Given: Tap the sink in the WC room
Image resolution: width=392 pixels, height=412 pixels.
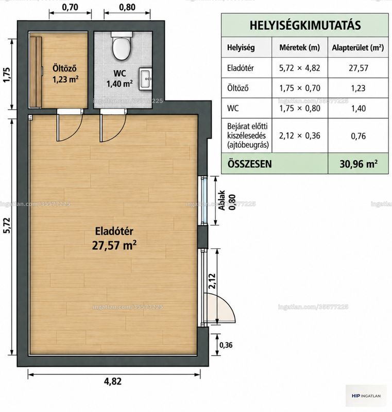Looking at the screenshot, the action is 145,79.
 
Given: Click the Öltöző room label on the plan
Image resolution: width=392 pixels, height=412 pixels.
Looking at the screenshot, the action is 64,68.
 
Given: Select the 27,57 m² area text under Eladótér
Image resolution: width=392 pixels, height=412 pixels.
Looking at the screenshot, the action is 114,246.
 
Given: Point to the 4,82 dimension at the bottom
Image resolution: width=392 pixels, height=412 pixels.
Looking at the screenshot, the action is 113,381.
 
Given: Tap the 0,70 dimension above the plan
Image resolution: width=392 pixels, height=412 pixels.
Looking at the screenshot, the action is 70,7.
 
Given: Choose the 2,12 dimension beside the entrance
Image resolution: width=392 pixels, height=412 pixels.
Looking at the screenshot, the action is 212,281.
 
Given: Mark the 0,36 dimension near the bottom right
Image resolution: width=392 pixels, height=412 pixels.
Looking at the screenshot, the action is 226,345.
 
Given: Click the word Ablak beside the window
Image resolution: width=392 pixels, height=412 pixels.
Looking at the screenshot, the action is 222,200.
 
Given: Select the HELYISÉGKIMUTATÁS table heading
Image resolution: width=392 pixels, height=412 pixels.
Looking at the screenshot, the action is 305,25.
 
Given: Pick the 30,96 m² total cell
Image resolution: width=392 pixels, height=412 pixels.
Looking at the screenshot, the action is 359,164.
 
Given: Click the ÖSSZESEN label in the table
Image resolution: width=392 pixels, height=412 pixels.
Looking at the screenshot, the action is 250,164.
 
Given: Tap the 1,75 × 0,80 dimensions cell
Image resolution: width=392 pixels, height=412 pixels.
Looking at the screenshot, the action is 300,108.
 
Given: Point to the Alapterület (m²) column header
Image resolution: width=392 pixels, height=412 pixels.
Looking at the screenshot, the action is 358,47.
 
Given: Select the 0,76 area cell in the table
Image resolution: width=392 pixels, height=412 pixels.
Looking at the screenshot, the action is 359,136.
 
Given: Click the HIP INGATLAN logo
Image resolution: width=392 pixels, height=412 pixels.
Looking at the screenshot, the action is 366,396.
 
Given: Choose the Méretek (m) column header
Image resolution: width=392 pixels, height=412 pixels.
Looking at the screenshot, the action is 299,47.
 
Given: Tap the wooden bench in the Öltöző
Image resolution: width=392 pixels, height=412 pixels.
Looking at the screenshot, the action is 36,72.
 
